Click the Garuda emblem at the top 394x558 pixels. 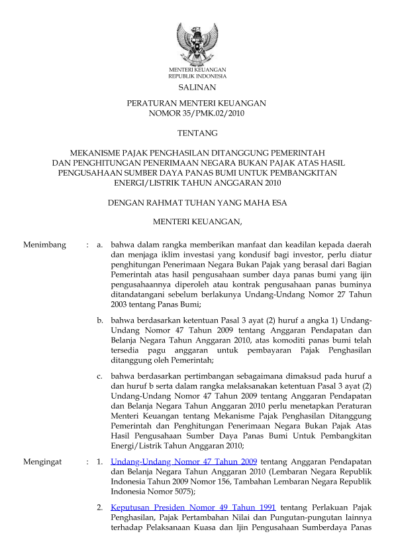pos(197,44)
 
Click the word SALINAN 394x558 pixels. pos(197,87)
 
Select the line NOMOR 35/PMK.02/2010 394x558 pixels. pos(197,113)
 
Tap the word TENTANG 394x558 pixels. pos(197,133)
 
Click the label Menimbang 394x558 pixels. pos(45,245)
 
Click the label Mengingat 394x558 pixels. pos(44,460)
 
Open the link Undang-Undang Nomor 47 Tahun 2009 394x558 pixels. pos(184,460)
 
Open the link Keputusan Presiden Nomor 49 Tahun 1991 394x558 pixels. pos(193,507)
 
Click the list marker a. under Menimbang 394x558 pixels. pos(99,245)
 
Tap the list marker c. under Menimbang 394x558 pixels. pos(99,376)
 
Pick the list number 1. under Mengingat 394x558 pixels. pos(99,460)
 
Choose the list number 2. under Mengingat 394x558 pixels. pos(99,507)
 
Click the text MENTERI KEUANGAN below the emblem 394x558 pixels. pos(197,70)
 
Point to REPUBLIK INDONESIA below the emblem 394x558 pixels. pos(197,76)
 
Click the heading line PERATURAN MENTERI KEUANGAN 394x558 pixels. pos(197,104)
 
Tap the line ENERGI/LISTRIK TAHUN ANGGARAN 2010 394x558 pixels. pos(197,182)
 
